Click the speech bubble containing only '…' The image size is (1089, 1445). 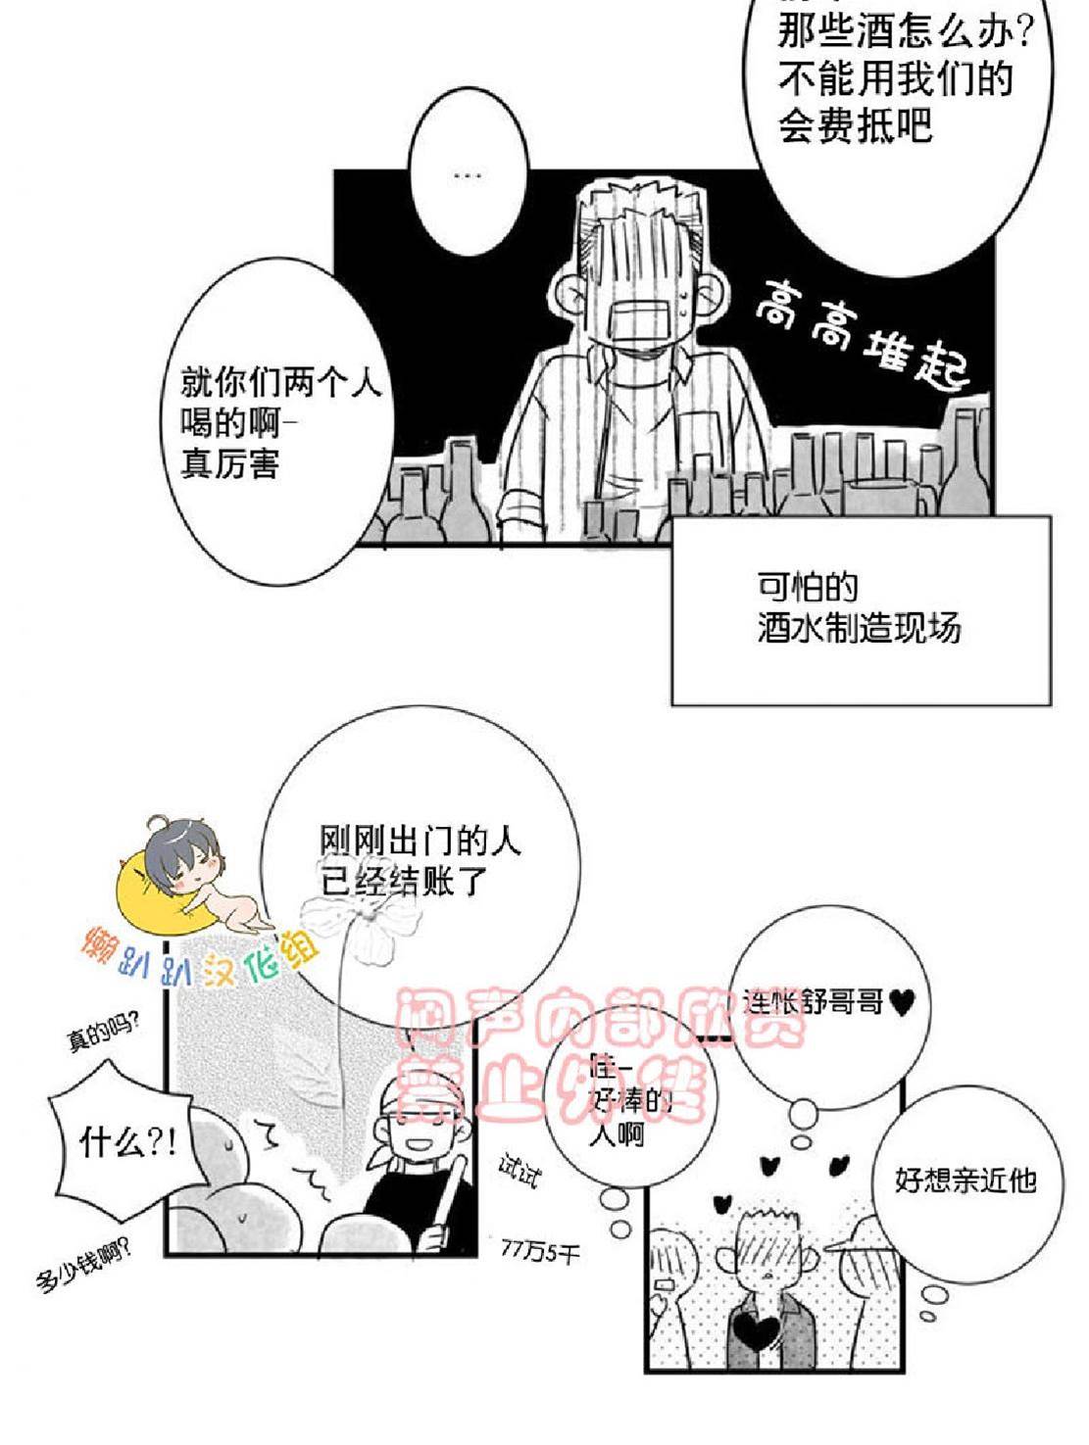(x=469, y=176)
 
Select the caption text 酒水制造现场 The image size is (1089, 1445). (x=859, y=627)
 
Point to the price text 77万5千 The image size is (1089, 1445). (x=540, y=1250)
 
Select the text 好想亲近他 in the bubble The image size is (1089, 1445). (x=965, y=1179)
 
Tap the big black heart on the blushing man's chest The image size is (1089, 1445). (x=756, y=1333)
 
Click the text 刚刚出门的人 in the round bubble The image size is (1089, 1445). (x=421, y=840)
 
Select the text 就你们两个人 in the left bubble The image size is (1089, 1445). (x=280, y=382)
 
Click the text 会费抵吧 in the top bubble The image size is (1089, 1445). (x=855, y=127)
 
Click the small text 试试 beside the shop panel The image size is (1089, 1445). (x=519, y=1173)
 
